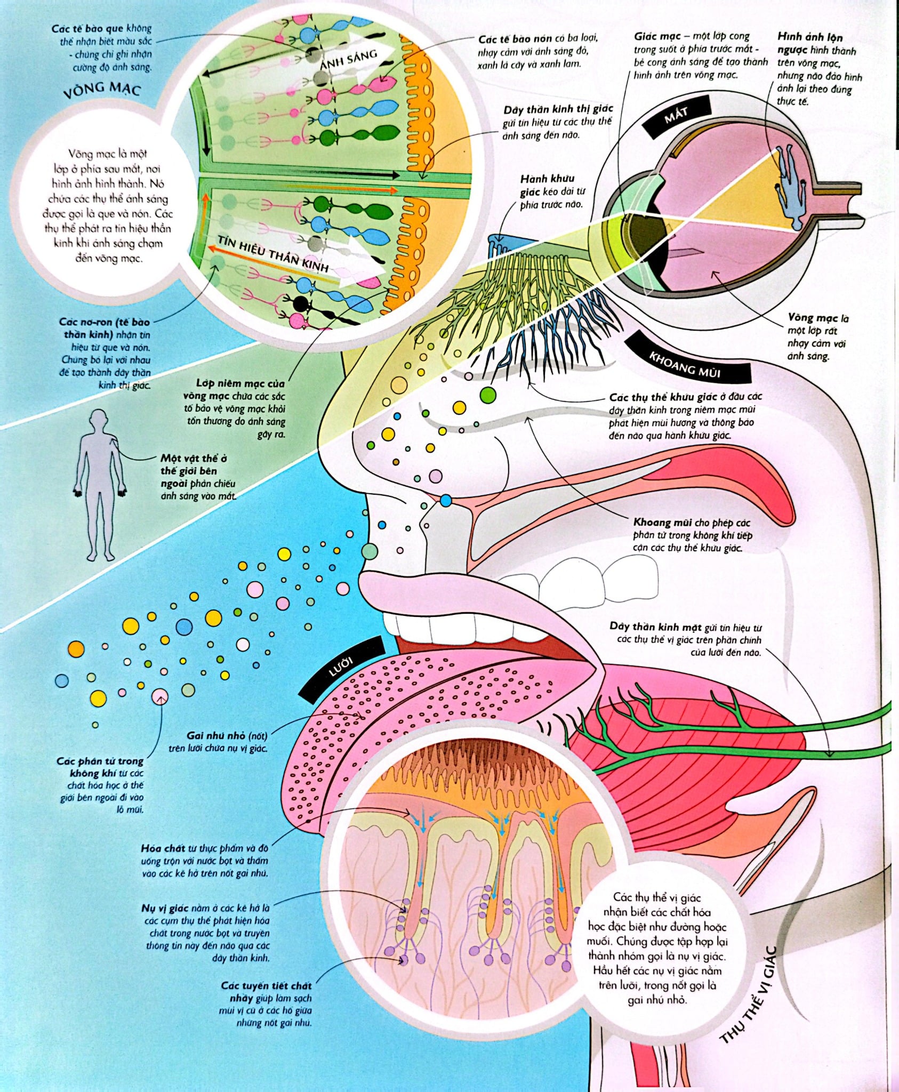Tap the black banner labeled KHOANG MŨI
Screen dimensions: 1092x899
(x=685, y=363)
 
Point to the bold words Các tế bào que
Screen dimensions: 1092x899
(x=87, y=28)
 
